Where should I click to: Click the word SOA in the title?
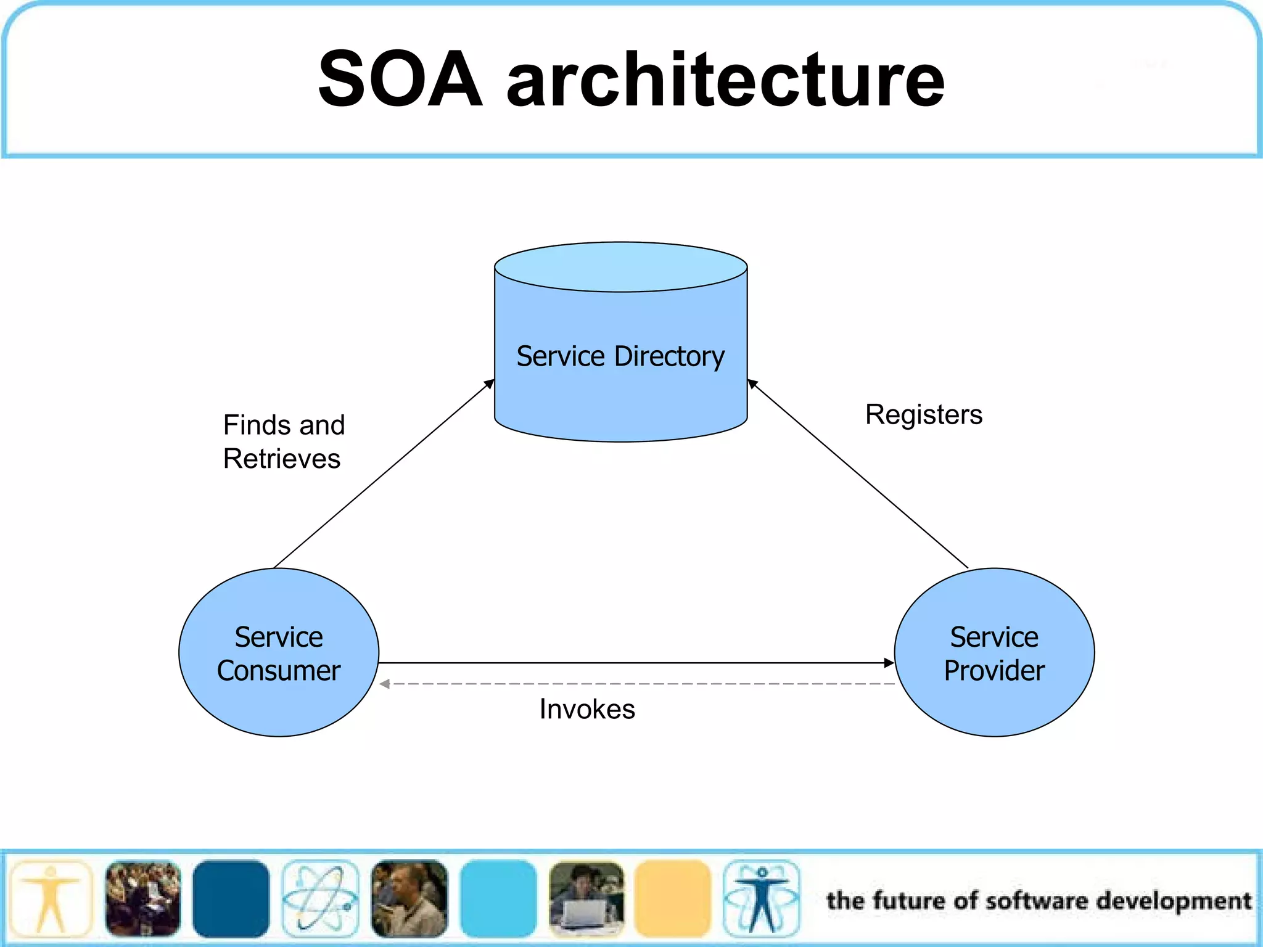coord(400,79)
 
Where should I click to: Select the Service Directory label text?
coord(620,356)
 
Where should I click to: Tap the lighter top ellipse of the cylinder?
coord(620,266)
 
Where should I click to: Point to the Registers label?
coord(923,414)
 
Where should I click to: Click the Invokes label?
coord(586,709)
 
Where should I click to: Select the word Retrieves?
coord(282,459)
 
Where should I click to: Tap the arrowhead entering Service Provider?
coord(889,663)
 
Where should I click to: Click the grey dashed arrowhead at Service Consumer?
coord(385,684)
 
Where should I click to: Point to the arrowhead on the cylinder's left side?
coord(489,384)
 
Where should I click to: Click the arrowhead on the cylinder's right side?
coord(753,384)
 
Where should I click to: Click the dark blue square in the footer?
coord(231,898)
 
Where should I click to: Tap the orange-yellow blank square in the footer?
coord(673,898)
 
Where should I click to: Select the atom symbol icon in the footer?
coord(320,898)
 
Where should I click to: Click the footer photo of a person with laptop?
coord(586,898)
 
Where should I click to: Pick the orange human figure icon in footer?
coord(51,898)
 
